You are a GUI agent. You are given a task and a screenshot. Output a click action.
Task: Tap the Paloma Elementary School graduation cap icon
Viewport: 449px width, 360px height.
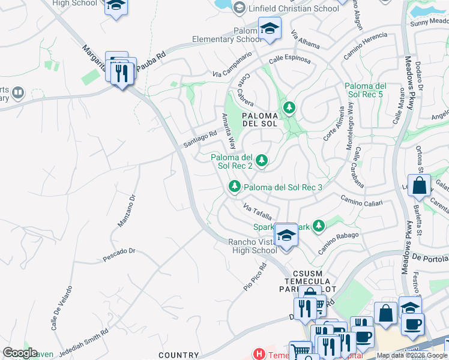(x=270, y=28)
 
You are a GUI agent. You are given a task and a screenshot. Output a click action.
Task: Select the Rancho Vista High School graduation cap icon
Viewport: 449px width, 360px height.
(x=286, y=235)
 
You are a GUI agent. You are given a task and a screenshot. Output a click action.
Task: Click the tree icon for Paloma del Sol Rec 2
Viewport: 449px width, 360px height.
(x=261, y=160)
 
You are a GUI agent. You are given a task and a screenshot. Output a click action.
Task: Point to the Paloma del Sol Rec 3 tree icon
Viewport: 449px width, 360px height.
(x=235, y=187)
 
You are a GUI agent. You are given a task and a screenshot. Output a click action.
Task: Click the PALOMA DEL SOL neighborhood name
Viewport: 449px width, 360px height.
(x=260, y=119)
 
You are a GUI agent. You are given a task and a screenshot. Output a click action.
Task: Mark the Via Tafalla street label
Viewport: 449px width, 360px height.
(x=258, y=211)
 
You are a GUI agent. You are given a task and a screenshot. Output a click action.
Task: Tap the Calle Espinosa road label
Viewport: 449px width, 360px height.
(x=289, y=60)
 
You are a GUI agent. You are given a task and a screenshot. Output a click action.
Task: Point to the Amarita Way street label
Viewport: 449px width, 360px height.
(x=228, y=131)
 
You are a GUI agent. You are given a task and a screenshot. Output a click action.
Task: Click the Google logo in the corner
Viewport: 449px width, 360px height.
(x=20, y=353)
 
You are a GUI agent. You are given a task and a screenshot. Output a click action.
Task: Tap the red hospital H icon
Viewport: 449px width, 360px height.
(x=259, y=354)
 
